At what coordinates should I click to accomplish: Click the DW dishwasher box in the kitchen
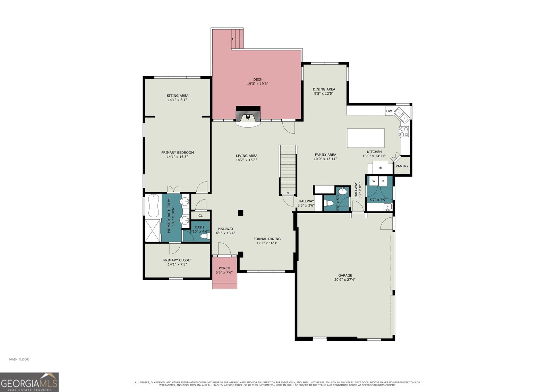click(389, 111)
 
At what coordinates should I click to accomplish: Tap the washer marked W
click(374, 181)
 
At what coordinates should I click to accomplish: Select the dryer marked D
click(383, 181)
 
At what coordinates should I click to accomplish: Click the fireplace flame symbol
click(248, 117)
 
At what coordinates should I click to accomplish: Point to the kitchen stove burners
click(404, 131)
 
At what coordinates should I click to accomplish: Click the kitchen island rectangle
click(366, 138)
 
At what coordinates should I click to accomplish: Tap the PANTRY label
click(402, 166)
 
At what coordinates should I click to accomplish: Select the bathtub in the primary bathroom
click(153, 206)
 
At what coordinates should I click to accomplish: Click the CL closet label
click(200, 216)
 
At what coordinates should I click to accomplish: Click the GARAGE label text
click(345, 275)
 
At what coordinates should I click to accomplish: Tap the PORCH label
click(224, 268)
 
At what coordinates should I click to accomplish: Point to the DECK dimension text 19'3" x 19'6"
click(257, 84)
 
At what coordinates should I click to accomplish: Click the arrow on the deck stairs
click(237, 39)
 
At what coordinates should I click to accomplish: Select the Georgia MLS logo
click(29, 382)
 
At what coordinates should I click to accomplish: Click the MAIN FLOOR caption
click(19, 359)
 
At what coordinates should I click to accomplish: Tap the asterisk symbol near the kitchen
click(380, 168)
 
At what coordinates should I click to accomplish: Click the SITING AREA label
click(177, 96)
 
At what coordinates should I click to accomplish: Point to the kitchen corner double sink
click(402, 115)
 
